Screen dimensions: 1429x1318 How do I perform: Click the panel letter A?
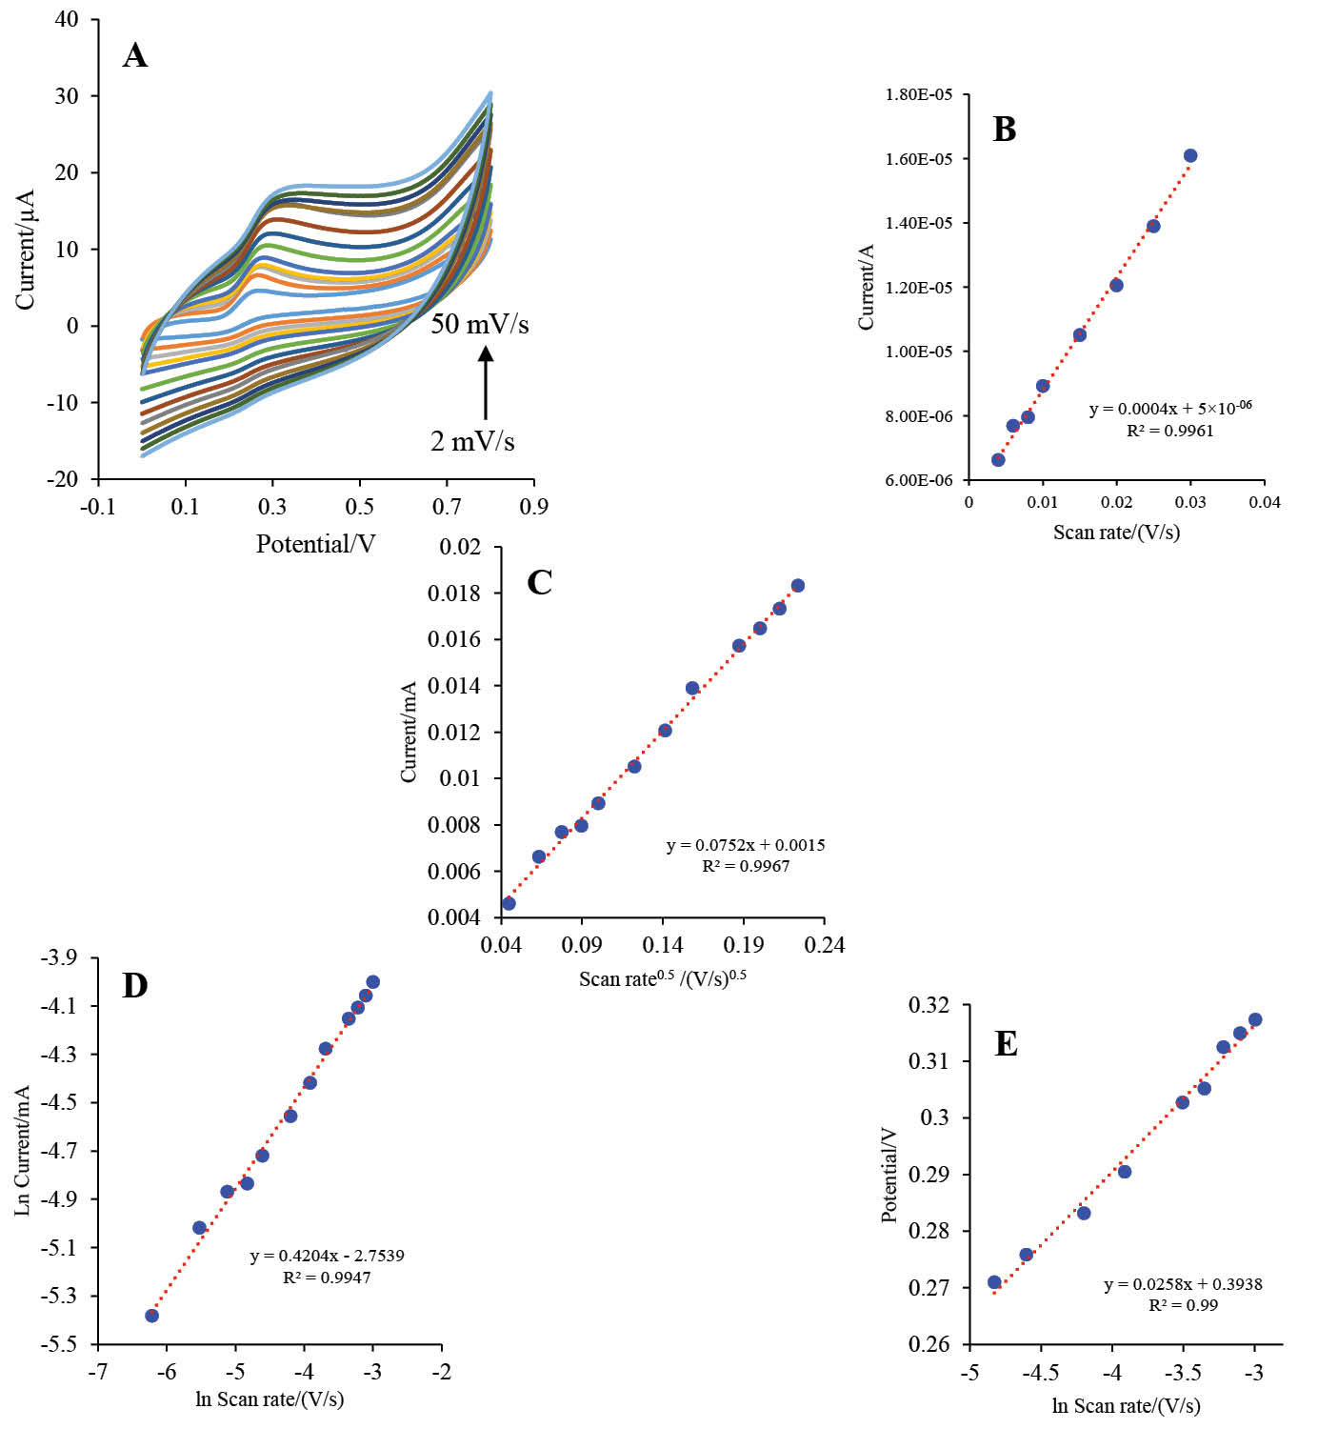[135, 56]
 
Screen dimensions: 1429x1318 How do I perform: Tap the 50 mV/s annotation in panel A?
[479, 324]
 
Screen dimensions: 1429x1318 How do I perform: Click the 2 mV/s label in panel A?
[472, 441]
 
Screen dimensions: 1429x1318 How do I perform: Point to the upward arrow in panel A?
[486, 382]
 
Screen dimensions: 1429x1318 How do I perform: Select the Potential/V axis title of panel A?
[315, 544]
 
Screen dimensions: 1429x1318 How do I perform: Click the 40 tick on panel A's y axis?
[67, 19]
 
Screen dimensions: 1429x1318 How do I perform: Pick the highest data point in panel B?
[1190, 156]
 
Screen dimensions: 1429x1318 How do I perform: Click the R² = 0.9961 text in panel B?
[1170, 431]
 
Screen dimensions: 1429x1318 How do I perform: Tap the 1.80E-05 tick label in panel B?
[918, 94]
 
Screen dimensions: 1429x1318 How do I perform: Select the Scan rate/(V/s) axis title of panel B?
[1116, 533]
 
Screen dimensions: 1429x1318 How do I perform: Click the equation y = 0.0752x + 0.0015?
[746, 845]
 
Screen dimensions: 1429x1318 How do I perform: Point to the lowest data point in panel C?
[509, 903]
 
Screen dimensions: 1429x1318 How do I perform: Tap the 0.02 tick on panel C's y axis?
[460, 547]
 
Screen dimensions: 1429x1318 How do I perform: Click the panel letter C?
[539, 582]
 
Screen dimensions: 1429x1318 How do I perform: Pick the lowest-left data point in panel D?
[151, 1316]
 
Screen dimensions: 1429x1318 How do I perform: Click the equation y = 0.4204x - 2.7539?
[327, 1256]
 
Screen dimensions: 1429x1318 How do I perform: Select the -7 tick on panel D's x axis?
[96, 1372]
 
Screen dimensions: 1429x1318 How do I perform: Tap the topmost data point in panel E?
[1255, 1020]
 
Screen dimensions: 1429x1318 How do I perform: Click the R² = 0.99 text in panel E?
[1183, 1305]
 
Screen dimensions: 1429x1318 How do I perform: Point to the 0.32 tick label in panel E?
[929, 1005]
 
